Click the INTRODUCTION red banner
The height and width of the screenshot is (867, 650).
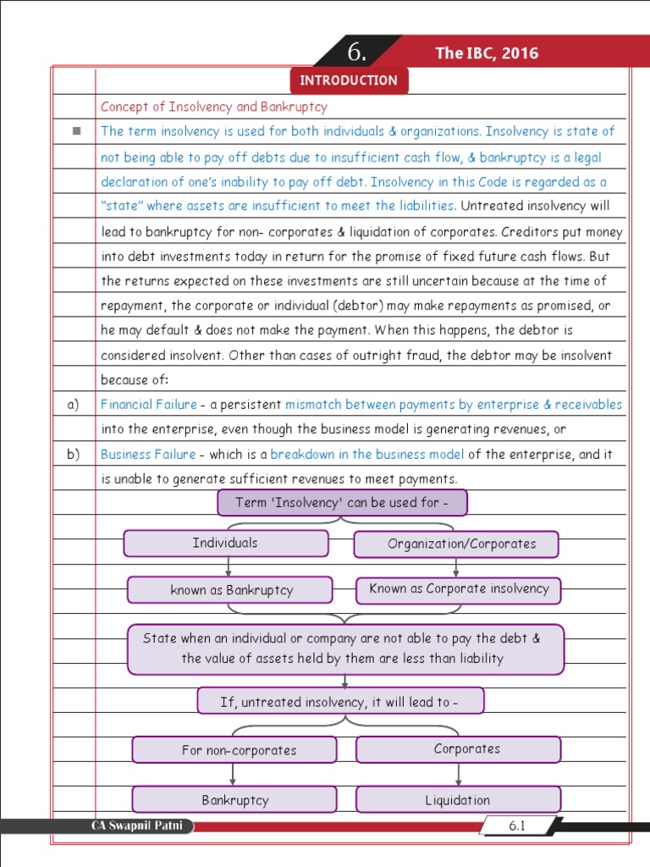pos(349,80)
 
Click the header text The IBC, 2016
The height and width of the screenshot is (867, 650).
pos(487,53)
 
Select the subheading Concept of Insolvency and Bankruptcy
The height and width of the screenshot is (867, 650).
pos(213,107)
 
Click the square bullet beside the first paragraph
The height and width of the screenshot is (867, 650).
pos(74,131)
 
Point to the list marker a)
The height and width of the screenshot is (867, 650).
pos(74,405)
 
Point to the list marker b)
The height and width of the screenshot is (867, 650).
pos(74,455)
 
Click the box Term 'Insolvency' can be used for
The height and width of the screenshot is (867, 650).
pos(342,503)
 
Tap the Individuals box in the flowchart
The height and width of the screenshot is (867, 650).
pos(225,543)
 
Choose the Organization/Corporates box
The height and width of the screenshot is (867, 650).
pos(456,544)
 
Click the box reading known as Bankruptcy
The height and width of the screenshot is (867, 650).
pos(230,590)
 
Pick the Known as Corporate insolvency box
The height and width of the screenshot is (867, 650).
pos(459,589)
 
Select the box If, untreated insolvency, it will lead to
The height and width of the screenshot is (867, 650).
pos(340,701)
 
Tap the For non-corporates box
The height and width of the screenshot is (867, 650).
pos(234,750)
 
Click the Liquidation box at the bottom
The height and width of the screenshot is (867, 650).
pos(458,799)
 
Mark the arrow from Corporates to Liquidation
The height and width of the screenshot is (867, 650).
pos(459,774)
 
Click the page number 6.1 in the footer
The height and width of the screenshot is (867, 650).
pos(516,826)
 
